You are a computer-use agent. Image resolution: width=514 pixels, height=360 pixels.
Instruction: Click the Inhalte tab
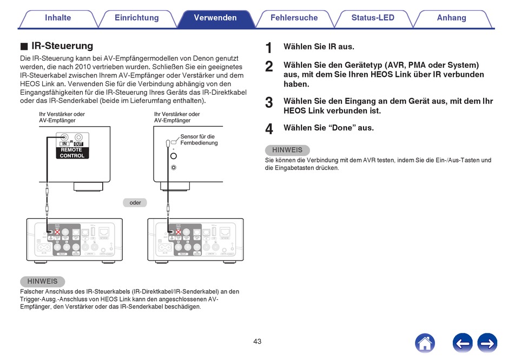pos(58,18)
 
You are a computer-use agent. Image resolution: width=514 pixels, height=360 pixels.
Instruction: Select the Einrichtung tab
pos(136,18)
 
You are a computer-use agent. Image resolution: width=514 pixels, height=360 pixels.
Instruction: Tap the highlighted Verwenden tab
pos(215,18)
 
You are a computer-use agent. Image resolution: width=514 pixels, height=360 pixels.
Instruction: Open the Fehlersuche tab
pos(294,18)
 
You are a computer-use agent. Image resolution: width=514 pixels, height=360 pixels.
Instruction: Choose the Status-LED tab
pos(373,18)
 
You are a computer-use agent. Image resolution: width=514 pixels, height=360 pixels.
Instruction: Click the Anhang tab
pos(451,18)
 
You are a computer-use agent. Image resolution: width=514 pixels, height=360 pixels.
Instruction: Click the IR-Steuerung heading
pos(62,46)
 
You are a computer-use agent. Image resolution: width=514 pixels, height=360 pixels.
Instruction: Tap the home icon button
pos(425,343)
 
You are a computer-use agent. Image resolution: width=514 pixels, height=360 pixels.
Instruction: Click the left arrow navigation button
pos(463,343)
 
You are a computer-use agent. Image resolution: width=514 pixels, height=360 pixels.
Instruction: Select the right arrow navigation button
pos(487,343)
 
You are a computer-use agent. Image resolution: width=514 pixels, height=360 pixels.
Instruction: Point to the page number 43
pos(257,342)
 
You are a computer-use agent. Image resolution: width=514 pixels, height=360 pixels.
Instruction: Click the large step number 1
pos(269,48)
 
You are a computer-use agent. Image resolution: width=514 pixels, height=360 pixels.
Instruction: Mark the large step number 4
pos(269,129)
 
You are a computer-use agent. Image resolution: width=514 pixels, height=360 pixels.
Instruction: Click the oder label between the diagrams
pos(135,202)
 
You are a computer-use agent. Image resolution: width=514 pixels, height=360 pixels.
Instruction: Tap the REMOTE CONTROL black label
pos(72,153)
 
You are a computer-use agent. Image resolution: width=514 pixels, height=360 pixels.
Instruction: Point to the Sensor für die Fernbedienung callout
pos(199,140)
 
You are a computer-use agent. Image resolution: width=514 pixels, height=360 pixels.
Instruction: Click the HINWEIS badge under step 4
pos(287,150)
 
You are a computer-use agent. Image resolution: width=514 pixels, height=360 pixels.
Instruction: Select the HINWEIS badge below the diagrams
pos(42,282)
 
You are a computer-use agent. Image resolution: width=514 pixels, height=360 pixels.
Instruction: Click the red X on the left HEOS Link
pos(57,232)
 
